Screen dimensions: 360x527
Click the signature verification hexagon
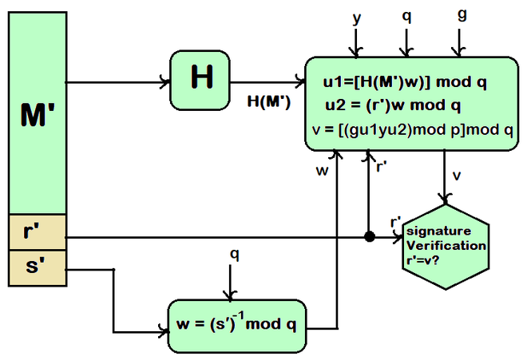click(446, 246)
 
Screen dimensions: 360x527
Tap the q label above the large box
click(407, 16)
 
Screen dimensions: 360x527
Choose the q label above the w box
click(234, 254)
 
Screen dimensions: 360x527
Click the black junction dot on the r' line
click(369, 237)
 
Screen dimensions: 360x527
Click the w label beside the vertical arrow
click(323, 170)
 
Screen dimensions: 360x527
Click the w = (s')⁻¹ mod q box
click(236, 325)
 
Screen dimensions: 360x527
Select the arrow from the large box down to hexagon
click(444, 175)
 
